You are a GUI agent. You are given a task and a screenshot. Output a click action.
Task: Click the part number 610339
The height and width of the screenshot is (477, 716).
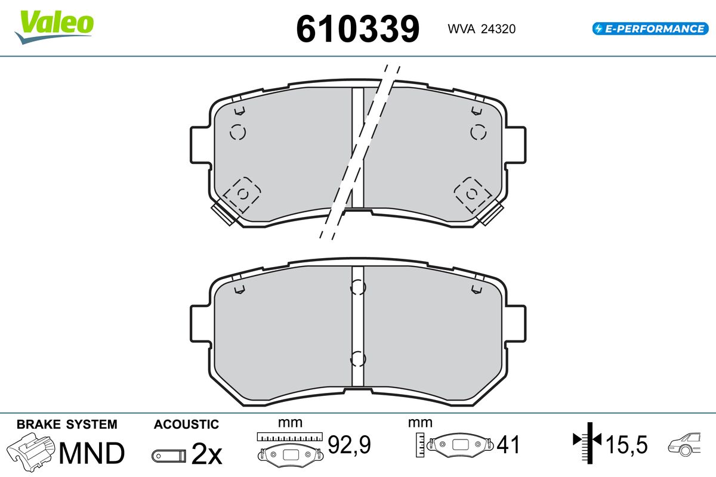tap(357, 29)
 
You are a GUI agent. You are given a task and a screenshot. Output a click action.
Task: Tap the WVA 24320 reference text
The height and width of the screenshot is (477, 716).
tap(482, 29)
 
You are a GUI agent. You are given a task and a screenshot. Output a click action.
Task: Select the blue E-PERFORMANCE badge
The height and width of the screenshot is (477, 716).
tap(650, 29)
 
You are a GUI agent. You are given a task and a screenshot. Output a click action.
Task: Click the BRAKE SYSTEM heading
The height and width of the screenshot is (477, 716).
tap(67, 425)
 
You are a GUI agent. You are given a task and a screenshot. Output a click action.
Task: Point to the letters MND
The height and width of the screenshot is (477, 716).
tap(92, 453)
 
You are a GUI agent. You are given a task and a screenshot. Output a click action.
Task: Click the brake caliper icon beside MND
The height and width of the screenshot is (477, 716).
tap(30, 452)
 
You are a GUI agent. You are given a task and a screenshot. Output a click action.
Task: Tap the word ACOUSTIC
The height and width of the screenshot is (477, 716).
tap(186, 425)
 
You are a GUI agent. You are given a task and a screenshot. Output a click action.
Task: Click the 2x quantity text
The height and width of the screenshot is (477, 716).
tap(206, 453)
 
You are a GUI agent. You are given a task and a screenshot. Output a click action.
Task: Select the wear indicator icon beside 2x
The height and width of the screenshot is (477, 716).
tap(169, 456)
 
